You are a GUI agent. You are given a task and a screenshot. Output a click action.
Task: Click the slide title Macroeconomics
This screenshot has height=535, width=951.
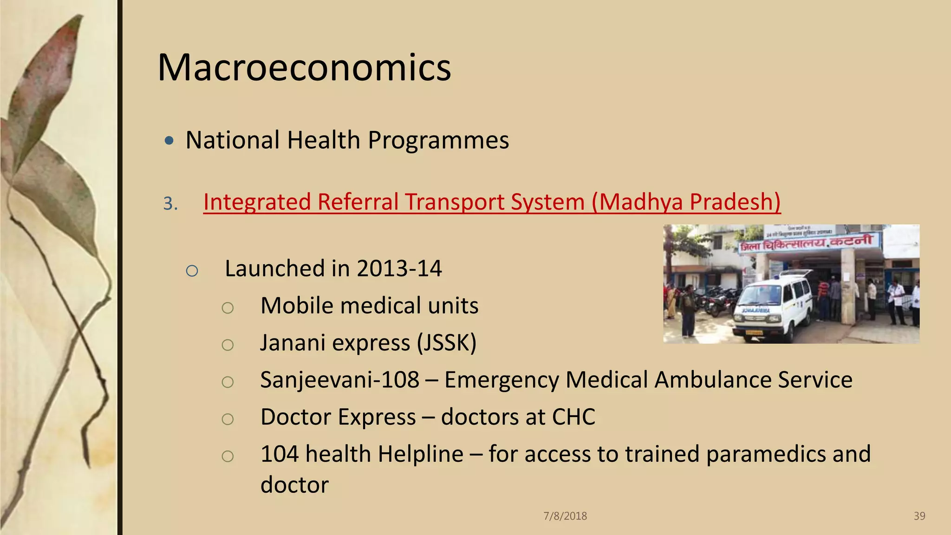coord(304,68)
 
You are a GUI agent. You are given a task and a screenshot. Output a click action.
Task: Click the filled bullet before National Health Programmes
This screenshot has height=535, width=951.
coord(169,140)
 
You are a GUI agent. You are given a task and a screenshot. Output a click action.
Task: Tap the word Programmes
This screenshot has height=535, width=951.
coord(438,140)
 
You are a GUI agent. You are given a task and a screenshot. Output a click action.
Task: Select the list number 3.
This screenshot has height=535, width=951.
coord(170,203)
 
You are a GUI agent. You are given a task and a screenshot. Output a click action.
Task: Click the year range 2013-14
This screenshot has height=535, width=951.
coord(399,268)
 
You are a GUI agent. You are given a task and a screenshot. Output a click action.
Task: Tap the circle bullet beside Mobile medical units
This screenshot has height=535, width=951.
coord(228,307)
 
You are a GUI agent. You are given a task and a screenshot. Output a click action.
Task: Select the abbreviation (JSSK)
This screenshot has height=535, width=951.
coord(446,343)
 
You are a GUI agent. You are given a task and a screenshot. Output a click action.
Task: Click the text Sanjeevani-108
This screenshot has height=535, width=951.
coord(340,380)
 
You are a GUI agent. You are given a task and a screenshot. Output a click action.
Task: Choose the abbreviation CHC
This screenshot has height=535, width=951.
coord(573,417)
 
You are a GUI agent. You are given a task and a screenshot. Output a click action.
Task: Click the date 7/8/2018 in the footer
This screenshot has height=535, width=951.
coord(565,516)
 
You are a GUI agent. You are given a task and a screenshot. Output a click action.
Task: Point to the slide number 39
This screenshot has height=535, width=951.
coord(919,516)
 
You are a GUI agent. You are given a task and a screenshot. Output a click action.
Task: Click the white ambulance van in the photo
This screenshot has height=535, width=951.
coord(773,307)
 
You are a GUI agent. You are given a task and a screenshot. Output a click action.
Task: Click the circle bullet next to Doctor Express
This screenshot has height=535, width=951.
coord(228,419)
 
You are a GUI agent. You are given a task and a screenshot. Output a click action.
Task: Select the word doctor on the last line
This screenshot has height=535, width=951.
coord(294,485)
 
